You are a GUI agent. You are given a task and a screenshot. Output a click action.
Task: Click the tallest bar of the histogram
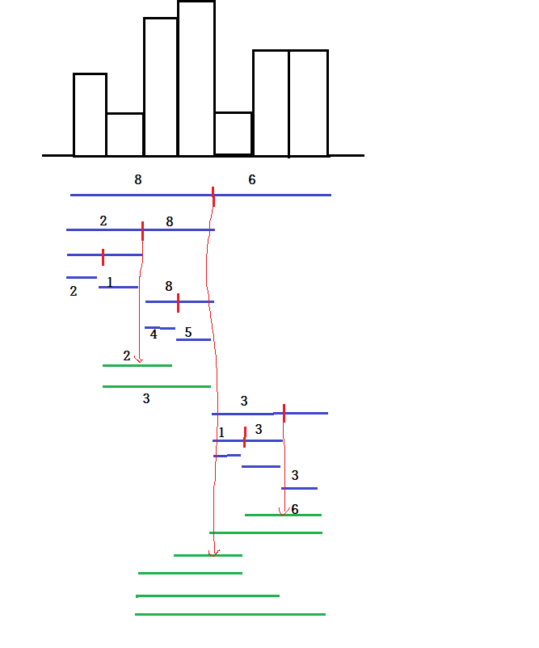point(196,78)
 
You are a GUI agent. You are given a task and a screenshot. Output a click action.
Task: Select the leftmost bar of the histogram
point(90,115)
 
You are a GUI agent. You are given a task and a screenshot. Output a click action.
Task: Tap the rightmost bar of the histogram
point(309,103)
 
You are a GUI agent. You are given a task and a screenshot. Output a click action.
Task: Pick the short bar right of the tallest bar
point(234,133)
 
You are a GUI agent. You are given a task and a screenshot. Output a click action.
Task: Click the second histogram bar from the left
point(124,134)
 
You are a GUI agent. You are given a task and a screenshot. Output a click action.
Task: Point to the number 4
point(154,335)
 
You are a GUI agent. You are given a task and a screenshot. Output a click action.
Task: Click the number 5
point(188,332)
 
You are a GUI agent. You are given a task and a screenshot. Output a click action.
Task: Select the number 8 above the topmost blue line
point(138,180)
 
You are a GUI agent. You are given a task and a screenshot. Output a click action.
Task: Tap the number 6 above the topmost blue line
point(252,180)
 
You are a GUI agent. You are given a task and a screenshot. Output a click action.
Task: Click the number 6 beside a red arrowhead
point(295,509)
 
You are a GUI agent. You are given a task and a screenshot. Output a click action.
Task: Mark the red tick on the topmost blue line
point(213,196)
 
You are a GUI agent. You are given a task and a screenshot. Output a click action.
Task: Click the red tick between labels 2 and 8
point(142,230)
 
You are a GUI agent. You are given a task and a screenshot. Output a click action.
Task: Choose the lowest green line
point(230,614)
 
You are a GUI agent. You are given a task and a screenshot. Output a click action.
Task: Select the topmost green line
point(137,365)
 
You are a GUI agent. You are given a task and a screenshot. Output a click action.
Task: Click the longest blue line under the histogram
point(200,195)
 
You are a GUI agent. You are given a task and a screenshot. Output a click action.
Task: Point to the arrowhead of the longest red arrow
point(213,553)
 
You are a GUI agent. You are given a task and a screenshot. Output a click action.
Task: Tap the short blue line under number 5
point(193,339)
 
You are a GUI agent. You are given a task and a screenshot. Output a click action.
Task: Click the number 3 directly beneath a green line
point(146,398)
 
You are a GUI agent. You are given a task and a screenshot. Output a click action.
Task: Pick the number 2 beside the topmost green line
point(127,356)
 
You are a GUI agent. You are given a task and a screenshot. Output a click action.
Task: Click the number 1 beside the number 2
point(110,282)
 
